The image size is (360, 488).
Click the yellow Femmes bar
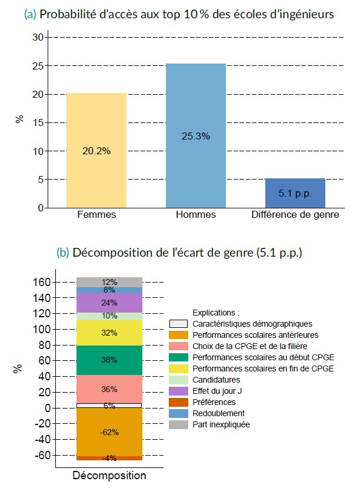[96, 150]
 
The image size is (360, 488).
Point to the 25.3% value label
[196, 136]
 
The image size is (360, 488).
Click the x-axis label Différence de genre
[295, 215]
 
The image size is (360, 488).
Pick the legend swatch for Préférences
[178, 402]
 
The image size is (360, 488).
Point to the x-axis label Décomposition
[109, 476]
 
